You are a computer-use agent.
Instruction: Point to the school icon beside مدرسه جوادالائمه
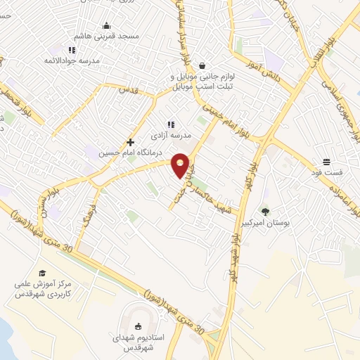click(71, 50)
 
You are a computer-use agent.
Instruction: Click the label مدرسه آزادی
click(170, 133)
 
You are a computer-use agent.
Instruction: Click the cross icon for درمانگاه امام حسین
click(131, 141)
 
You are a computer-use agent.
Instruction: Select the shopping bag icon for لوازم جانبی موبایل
click(202, 63)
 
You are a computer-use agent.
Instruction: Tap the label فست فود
click(328, 172)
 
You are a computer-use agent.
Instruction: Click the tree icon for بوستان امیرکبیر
click(265, 212)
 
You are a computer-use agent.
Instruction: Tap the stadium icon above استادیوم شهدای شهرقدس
click(138, 324)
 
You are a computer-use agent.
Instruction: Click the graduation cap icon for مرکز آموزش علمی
click(42, 274)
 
